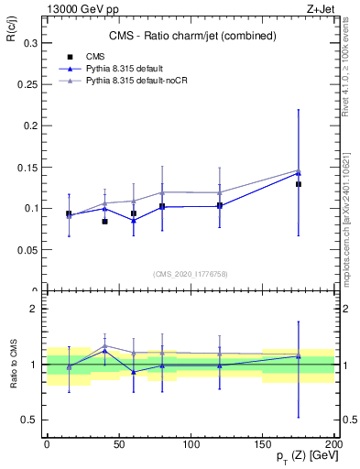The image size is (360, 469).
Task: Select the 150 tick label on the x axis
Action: (x=262, y=443)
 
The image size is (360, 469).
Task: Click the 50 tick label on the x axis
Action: (x=119, y=443)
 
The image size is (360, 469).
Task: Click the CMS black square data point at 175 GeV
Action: (x=299, y=184)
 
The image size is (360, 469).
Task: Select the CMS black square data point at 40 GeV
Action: (x=105, y=222)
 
